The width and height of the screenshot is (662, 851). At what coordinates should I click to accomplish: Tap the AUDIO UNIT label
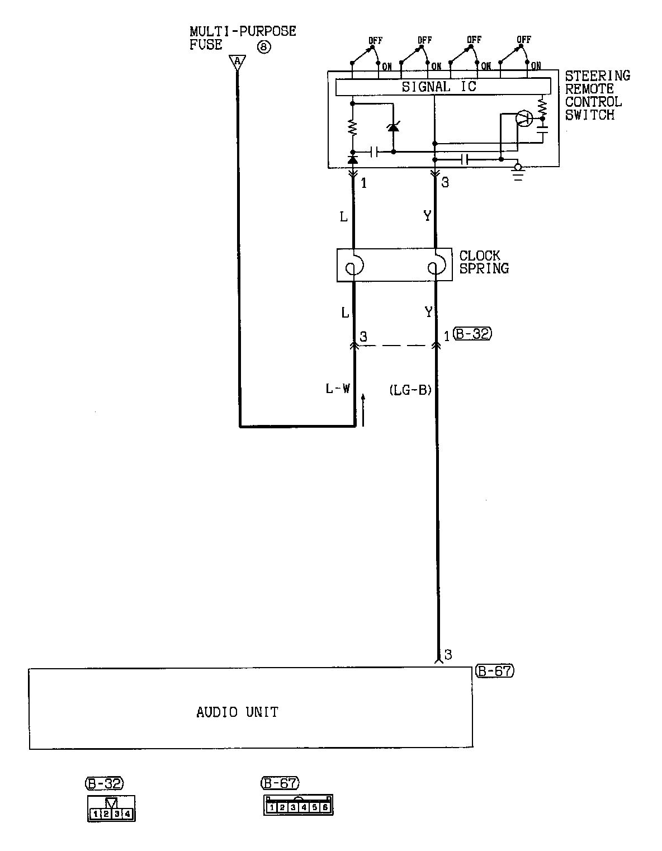(x=237, y=712)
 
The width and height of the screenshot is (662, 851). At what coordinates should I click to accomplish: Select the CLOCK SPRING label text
(x=484, y=262)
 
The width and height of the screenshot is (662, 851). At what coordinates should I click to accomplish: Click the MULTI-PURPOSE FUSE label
(x=242, y=38)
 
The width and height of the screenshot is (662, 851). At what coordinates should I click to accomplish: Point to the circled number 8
(x=263, y=46)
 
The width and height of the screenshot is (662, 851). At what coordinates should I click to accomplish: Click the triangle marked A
(x=238, y=60)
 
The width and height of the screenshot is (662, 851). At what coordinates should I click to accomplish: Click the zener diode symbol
(x=394, y=127)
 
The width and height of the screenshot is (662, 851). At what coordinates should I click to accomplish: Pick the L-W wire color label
(x=338, y=389)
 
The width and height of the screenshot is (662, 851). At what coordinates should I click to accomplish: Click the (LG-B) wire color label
(x=410, y=390)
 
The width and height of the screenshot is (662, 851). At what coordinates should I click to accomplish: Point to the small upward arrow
(x=363, y=409)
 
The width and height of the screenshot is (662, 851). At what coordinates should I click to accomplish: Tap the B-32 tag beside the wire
(x=473, y=334)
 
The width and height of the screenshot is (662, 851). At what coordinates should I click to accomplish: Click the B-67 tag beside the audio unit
(x=494, y=670)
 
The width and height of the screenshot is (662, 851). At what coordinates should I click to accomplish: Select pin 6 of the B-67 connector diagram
(x=325, y=807)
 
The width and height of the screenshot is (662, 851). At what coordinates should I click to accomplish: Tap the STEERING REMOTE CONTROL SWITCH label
(x=596, y=95)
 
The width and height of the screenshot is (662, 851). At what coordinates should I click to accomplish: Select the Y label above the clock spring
(x=427, y=216)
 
